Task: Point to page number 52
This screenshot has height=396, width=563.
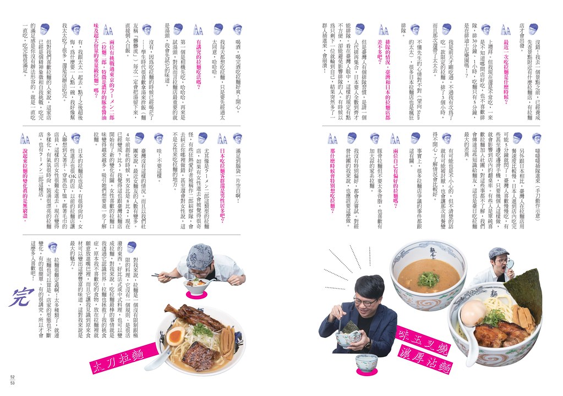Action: point(12,377)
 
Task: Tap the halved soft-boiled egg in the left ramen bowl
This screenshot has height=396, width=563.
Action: point(177,336)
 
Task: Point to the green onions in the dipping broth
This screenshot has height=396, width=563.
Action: point(428,279)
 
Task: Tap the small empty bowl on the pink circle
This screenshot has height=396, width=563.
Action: point(366,363)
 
